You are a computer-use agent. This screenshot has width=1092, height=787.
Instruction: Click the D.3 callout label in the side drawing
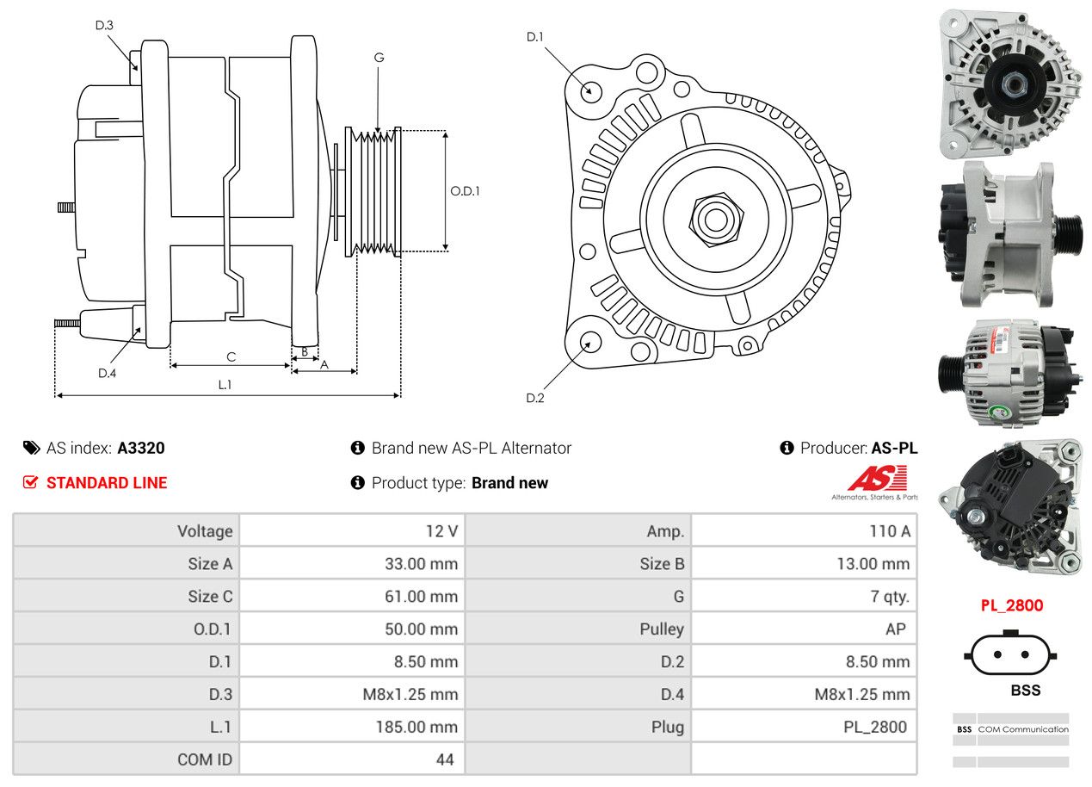(x=104, y=25)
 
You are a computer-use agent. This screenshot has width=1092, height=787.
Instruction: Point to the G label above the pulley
(x=379, y=58)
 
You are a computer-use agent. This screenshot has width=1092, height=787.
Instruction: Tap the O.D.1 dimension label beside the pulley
(x=465, y=191)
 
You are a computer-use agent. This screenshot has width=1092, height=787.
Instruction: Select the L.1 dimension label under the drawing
(x=225, y=385)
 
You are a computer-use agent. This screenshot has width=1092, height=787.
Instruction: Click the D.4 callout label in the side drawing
(x=107, y=373)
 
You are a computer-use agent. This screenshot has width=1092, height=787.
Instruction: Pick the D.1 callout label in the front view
(x=535, y=36)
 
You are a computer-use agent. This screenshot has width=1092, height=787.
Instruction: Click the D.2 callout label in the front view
(x=535, y=398)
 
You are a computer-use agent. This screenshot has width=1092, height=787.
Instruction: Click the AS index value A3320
(x=141, y=448)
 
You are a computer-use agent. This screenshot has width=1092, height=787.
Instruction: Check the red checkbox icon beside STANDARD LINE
(x=31, y=482)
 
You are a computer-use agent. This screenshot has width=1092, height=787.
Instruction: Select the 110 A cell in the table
(x=890, y=531)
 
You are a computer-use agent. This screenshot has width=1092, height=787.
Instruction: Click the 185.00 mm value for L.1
(x=416, y=727)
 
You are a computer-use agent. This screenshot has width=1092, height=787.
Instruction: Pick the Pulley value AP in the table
(x=895, y=629)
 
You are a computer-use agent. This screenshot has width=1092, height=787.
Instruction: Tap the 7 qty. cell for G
(x=890, y=597)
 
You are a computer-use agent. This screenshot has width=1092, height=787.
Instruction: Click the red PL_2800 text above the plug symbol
(x=1011, y=605)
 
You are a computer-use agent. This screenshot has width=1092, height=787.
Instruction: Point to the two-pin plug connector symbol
(x=1010, y=655)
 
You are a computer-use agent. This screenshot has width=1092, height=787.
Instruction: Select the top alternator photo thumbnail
(x=1009, y=83)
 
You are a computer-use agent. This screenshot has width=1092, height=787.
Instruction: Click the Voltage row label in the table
(x=205, y=531)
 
